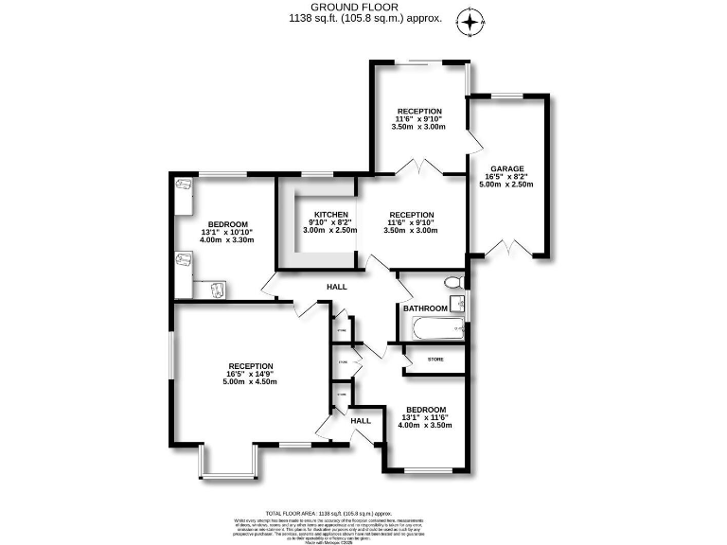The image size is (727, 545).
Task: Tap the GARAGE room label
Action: pos(506,168)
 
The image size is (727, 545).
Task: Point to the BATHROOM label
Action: pos(425,308)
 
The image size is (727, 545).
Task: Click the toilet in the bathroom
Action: pos(453,282)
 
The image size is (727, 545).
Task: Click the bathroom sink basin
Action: pos(457,303)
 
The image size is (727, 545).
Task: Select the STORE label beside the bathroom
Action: pos(435,360)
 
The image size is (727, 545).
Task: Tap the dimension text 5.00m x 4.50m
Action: pos(250,382)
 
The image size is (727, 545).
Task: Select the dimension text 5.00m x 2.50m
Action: pos(506,185)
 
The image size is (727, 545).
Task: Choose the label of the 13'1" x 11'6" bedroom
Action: pos(425,410)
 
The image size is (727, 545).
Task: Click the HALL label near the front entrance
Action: pos(361,421)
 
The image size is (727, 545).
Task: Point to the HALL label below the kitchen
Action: pos(337,287)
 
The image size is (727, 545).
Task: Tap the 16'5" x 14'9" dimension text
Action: pos(250,374)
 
